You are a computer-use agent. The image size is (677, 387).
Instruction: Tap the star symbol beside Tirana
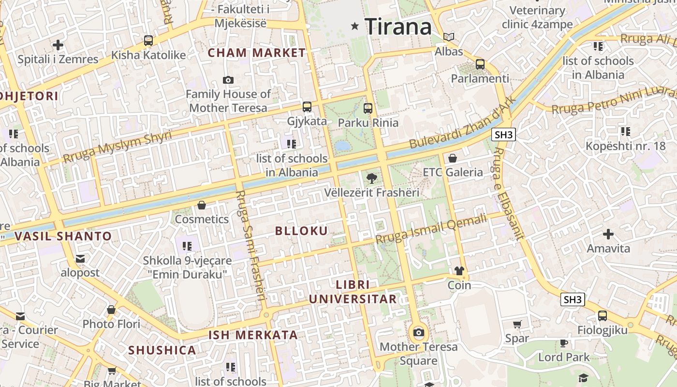pyautogui.click(x=355, y=26)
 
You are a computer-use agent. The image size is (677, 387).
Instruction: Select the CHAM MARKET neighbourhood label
pyautogui.click(x=257, y=53)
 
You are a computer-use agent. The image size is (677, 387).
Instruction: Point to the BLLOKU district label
pyautogui.click(x=301, y=231)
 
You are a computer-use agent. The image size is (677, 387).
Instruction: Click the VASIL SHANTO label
pyautogui.click(x=63, y=236)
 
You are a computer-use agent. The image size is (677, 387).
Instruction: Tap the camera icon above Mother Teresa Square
pyautogui.click(x=419, y=332)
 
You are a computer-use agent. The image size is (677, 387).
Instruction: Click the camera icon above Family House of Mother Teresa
pyautogui.click(x=228, y=80)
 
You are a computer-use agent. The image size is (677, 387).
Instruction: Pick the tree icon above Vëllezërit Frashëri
pyautogui.click(x=371, y=178)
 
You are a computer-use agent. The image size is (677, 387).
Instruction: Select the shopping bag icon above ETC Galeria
pyautogui.click(x=453, y=158)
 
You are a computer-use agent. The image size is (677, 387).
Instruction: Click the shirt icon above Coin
pyautogui.click(x=459, y=270)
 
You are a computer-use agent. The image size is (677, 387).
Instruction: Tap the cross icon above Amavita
pyautogui.click(x=608, y=234)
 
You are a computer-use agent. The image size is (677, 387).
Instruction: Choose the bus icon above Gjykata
pyautogui.click(x=307, y=107)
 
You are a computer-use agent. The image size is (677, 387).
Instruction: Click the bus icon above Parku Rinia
pyautogui.click(x=368, y=108)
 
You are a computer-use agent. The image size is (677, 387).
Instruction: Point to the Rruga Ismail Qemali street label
pyautogui.click(x=431, y=229)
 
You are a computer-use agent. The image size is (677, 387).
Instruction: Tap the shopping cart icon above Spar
pyautogui.click(x=517, y=324)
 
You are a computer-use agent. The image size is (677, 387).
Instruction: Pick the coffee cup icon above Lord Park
pyautogui.click(x=564, y=343)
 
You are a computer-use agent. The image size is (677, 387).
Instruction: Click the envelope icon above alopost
pyautogui.click(x=80, y=259)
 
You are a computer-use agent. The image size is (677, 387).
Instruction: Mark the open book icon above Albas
pyautogui.click(x=449, y=37)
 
